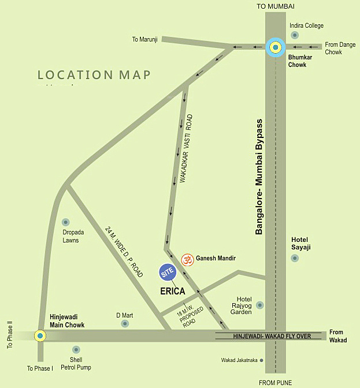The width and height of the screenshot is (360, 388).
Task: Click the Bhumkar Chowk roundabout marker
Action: (x=276, y=47)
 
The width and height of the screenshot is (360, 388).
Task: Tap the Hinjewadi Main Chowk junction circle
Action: (x=39, y=335)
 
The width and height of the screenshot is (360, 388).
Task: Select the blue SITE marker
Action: (x=168, y=271)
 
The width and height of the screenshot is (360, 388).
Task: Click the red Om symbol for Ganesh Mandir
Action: (x=187, y=260)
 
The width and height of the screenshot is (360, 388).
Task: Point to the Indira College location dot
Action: (x=295, y=35)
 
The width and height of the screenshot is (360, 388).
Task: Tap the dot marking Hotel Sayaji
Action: (x=295, y=258)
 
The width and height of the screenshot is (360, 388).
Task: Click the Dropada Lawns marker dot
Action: (x=66, y=222)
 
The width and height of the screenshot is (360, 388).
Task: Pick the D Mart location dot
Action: (x=125, y=324)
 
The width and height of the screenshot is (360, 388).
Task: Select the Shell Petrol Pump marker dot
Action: (x=76, y=350)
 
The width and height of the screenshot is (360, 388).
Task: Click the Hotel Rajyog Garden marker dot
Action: (x=260, y=305)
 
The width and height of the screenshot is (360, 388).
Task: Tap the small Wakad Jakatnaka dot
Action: (x=261, y=360)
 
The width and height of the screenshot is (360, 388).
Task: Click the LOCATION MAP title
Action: (x=94, y=75)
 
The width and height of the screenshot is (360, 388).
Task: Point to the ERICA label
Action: (x=172, y=292)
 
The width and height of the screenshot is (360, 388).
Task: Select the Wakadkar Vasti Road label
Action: (x=186, y=149)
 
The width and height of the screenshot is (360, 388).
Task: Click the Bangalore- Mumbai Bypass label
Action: (x=259, y=177)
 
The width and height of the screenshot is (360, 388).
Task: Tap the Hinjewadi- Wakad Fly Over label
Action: (x=272, y=336)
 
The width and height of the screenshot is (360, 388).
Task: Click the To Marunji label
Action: (x=144, y=39)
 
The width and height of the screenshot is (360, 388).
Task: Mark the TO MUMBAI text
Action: (x=276, y=6)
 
